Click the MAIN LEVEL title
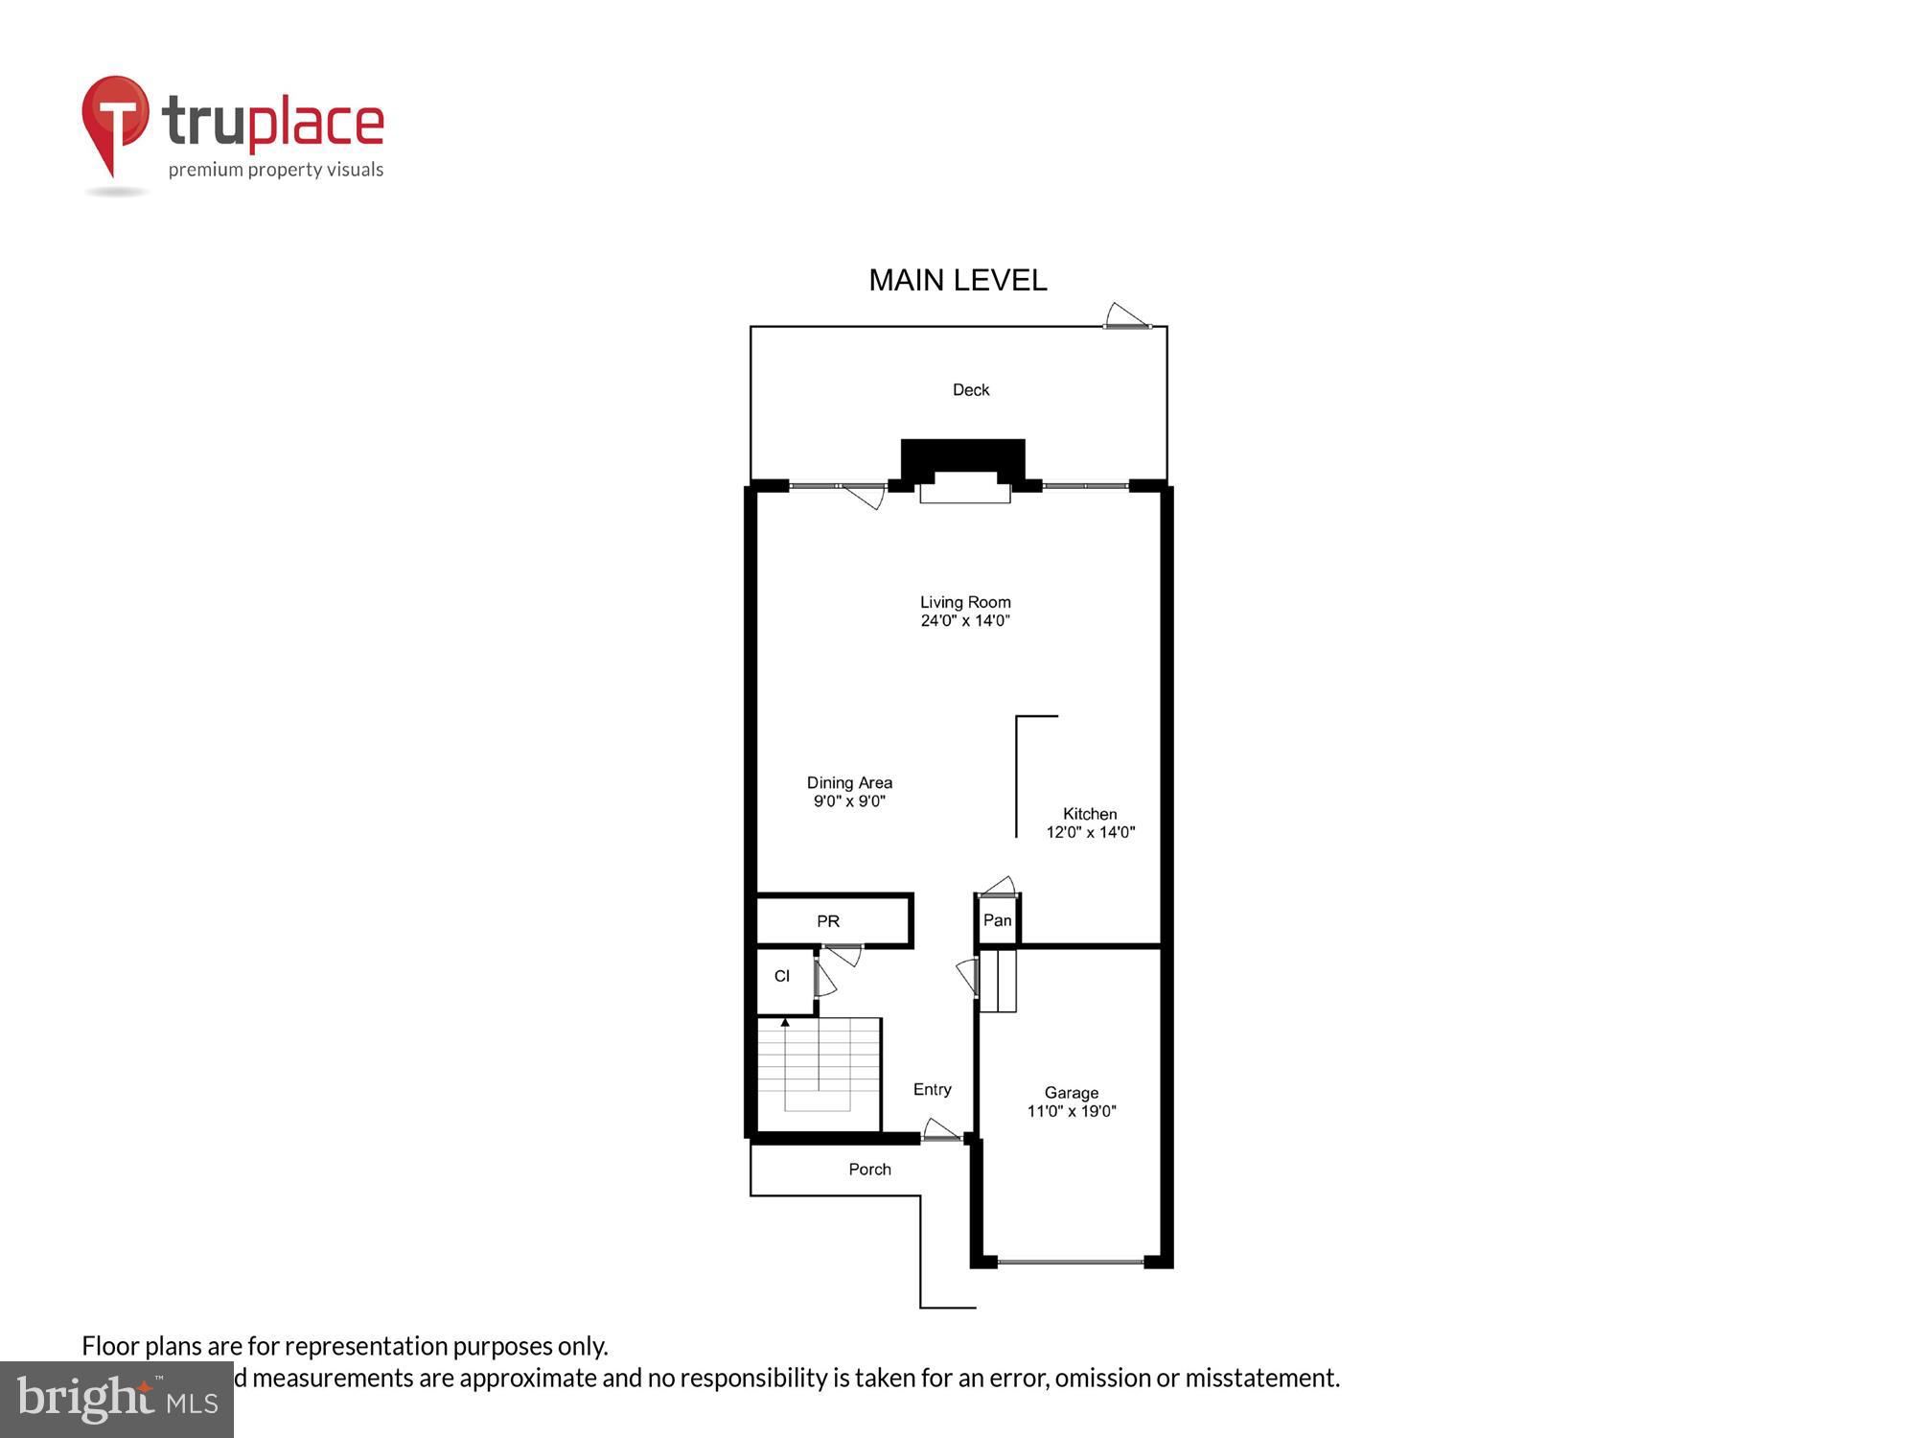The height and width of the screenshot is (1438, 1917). coord(958,280)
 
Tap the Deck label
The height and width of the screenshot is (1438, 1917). coord(970,389)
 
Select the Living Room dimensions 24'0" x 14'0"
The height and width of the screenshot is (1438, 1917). coord(965,620)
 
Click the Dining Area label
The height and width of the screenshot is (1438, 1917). coord(849,782)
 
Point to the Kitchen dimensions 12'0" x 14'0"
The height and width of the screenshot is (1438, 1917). coord(1090,832)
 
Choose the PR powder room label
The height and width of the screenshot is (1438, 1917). coord(828,921)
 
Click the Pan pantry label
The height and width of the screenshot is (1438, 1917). coord(997,920)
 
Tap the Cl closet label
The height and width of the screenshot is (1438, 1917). coord(782,976)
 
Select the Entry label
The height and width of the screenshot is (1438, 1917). coord(932,1089)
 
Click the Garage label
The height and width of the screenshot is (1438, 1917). coord(1071,1093)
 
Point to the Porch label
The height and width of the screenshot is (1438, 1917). coord(869,1170)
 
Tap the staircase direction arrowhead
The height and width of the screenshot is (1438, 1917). coord(785,1023)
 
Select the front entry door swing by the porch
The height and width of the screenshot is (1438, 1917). coord(940,1129)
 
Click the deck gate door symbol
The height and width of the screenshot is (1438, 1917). coord(1126,315)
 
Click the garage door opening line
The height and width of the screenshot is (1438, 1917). coord(1070,1262)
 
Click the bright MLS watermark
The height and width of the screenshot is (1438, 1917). coord(117,1400)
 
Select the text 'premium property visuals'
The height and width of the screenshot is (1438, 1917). coord(276,170)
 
